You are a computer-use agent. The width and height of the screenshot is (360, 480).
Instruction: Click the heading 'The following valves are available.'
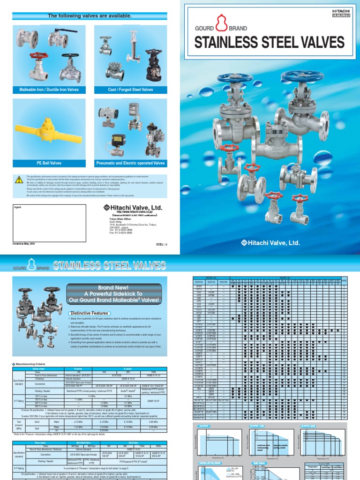point(90,16)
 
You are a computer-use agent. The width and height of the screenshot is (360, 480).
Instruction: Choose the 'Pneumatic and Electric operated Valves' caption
point(130,163)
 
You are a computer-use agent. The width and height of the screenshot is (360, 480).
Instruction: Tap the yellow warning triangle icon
point(20,178)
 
